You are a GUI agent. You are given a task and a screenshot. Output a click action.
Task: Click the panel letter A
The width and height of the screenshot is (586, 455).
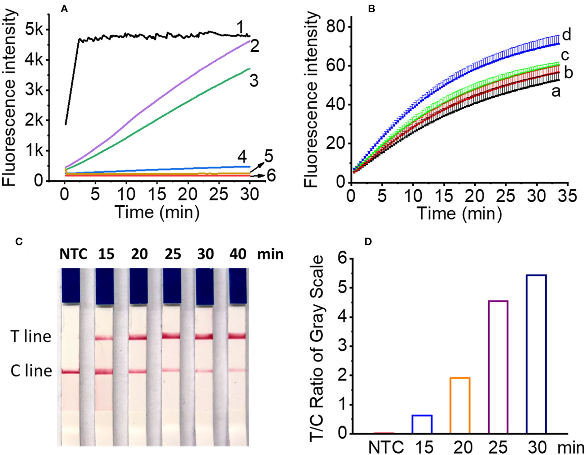[64, 9]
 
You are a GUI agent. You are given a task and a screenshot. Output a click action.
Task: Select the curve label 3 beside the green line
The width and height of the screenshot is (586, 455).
[254, 80]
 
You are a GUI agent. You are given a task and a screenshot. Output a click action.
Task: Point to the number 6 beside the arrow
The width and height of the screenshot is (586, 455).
[271, 176]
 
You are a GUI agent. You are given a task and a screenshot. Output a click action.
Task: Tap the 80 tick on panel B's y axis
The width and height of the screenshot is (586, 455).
[335, 27]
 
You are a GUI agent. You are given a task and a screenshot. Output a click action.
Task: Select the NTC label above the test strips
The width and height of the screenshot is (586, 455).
[73, 254]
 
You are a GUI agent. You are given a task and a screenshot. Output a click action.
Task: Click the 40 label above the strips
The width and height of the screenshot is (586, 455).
[238, 254]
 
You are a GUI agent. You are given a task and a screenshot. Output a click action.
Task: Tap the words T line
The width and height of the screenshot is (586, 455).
[31, 337]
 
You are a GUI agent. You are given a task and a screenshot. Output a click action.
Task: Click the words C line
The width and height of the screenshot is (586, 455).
[31, 371]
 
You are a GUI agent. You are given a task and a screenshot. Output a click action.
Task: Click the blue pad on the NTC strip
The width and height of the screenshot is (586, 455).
[70, 285]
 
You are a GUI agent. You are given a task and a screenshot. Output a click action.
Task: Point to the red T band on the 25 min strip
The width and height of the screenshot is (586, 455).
[171, 336]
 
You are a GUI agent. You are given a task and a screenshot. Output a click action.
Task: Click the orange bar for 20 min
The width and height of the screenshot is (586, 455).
[460, 405]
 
